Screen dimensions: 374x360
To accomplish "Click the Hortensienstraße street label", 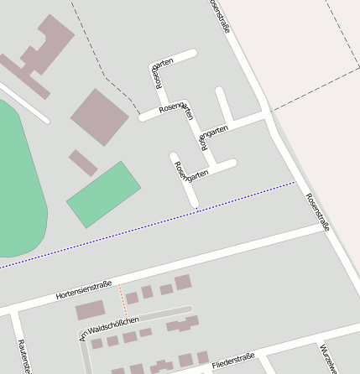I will pyautogui.click(x=84, y=290).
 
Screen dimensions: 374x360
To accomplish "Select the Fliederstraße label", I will pyautogui.click(x=233, y=360).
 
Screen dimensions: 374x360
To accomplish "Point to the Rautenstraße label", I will pyautogui.click(x=23, y=357).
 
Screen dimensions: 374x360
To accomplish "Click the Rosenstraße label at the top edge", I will pyautogui.click(x=220, y=13).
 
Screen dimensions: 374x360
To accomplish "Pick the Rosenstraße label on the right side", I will pyautogui.click(x=318, y=211).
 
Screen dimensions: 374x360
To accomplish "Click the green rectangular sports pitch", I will pyautogui.click(x=103, y=193).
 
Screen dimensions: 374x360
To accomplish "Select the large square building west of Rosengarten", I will pyautogui.click(x=99, y=117).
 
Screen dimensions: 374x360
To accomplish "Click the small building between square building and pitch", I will pyautogui.click(x=83, y=162).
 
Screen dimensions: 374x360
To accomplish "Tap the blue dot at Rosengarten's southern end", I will pyautogui.click(x=196, y=208).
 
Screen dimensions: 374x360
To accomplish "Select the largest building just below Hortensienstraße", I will pyautogui.click(x=90, y=310).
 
